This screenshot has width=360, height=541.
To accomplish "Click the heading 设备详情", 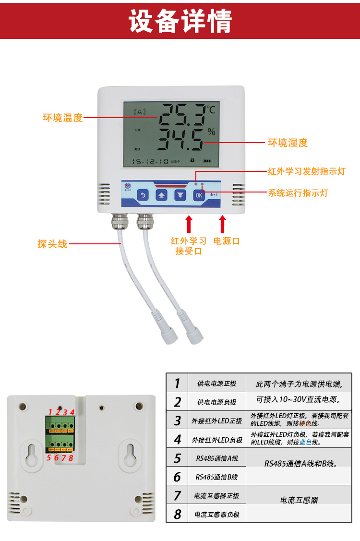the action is pos(180,20).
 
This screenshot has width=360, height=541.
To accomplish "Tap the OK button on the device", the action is pos(199,195).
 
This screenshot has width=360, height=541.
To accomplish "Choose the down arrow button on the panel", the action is pos(180,195).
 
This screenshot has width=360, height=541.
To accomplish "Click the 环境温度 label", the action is pos(63,118).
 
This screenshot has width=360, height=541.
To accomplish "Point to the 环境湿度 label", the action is pos(288,143).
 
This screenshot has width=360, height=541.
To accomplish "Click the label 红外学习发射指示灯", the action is pos(306,171).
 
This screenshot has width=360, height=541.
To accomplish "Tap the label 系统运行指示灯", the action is pos(298,193).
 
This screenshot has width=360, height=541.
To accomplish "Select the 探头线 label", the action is pos(52,244).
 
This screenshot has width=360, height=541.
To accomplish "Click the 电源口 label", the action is pos(227,241).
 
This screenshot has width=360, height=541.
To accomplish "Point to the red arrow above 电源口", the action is pos(222,224).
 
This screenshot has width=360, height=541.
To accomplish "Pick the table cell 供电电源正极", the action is pos(216,384).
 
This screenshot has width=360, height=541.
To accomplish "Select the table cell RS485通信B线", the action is pos(216,477).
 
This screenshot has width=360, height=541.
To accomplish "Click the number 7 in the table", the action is pos(178,495).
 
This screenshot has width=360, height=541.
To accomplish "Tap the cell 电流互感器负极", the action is pos(216,515).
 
